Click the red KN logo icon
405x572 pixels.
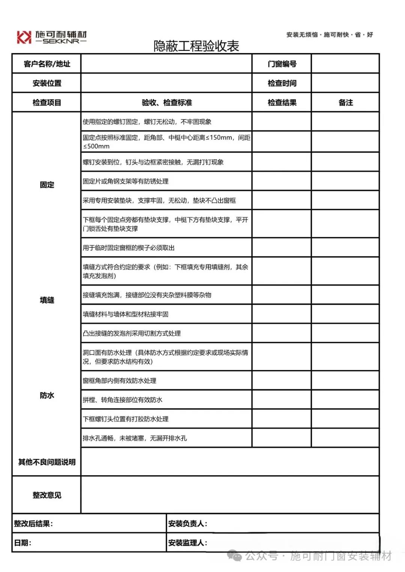click(24, 37)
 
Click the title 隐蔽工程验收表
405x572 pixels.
click(196, 46)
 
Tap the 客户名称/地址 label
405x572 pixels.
click(47, 64)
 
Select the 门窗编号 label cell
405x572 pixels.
click(282, 64)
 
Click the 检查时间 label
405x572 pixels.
click(282, 83)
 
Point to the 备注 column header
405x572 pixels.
click(345, 103)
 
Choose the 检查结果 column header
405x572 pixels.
click(282, 103)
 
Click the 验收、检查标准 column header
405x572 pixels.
click(166, 103)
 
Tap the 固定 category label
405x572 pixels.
click(47, 185)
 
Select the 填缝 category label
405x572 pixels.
click(47, 300)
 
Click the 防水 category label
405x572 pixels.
click(47, 396)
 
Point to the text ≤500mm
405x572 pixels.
click(96, 146)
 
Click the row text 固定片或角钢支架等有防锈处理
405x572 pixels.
click(126, 181)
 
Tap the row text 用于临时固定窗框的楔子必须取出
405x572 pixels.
click(129, 248)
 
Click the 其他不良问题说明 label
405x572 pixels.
click(47, 462)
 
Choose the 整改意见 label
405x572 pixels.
click(47, 495)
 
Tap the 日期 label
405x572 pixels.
click(22, 543)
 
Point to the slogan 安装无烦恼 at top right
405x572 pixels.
click(302, 35)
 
